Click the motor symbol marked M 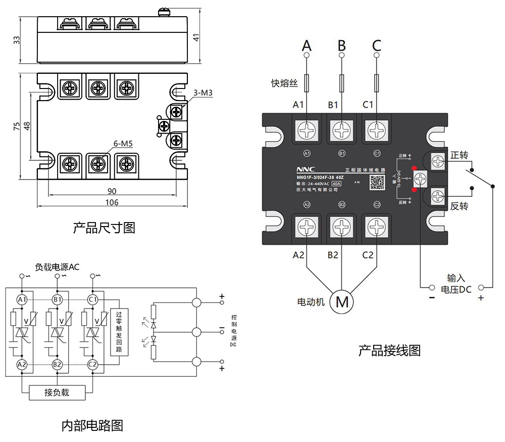tap(342, 302)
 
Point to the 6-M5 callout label tap(123, 144)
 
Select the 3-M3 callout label tap(203, 93)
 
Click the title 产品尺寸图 tap(104, 228)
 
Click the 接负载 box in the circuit tap(57, 392)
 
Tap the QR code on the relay tap(377, 182)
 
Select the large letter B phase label tap(342, 46)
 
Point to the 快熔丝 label tap(285, 83)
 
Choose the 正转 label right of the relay tap(460, 154)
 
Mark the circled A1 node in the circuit tap(22, 300)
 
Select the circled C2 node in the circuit tap(92, 364)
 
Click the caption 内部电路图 tap(92, 425)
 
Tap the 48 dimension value tap(27, 124)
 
